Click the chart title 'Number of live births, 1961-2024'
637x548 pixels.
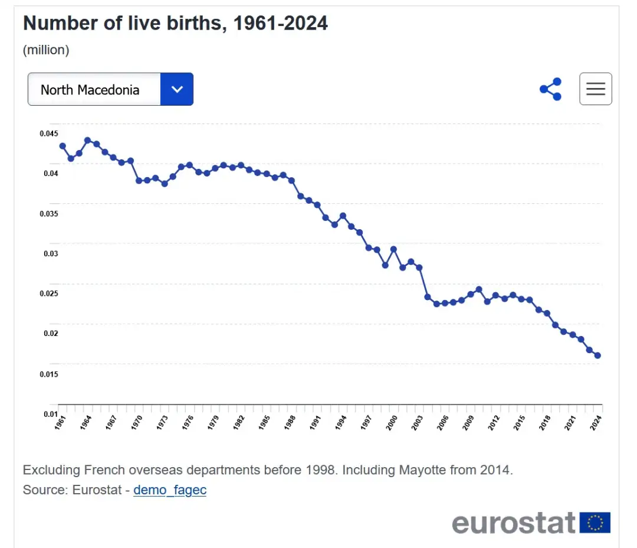coord(175,24)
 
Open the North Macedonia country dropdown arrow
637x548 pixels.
coord(176,90)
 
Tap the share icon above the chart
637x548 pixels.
coord(550,89)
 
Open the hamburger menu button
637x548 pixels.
coord(595,89)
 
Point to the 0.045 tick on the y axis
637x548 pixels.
coord(49,133)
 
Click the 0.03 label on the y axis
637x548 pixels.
coord(51,254)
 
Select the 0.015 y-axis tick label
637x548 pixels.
coord(49,374)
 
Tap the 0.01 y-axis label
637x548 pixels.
coord(51,414)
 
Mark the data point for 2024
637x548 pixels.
coord(597,355)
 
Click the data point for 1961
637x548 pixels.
coord(63,146)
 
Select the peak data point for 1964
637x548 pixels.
coord(87,141)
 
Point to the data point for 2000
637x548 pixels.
coord(393,249)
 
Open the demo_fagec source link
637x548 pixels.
coord(170,490)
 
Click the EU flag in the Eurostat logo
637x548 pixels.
coord(595,523)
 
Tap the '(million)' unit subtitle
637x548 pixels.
coord(46,50)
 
